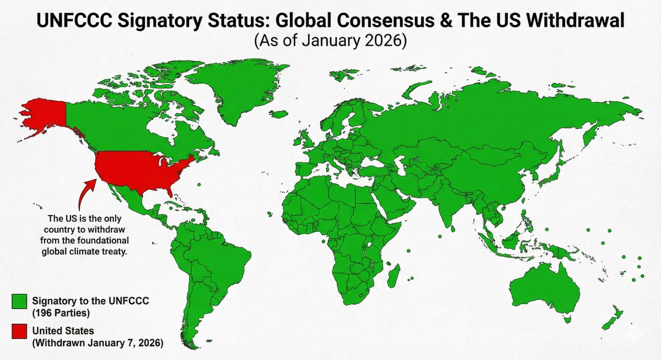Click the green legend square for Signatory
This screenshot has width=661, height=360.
[x=20, y=301]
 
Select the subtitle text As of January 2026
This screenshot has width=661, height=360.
[x=330, y=42]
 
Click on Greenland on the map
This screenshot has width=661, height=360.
[x=237, y=91]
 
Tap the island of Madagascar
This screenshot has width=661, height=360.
[x=393, y=274]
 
